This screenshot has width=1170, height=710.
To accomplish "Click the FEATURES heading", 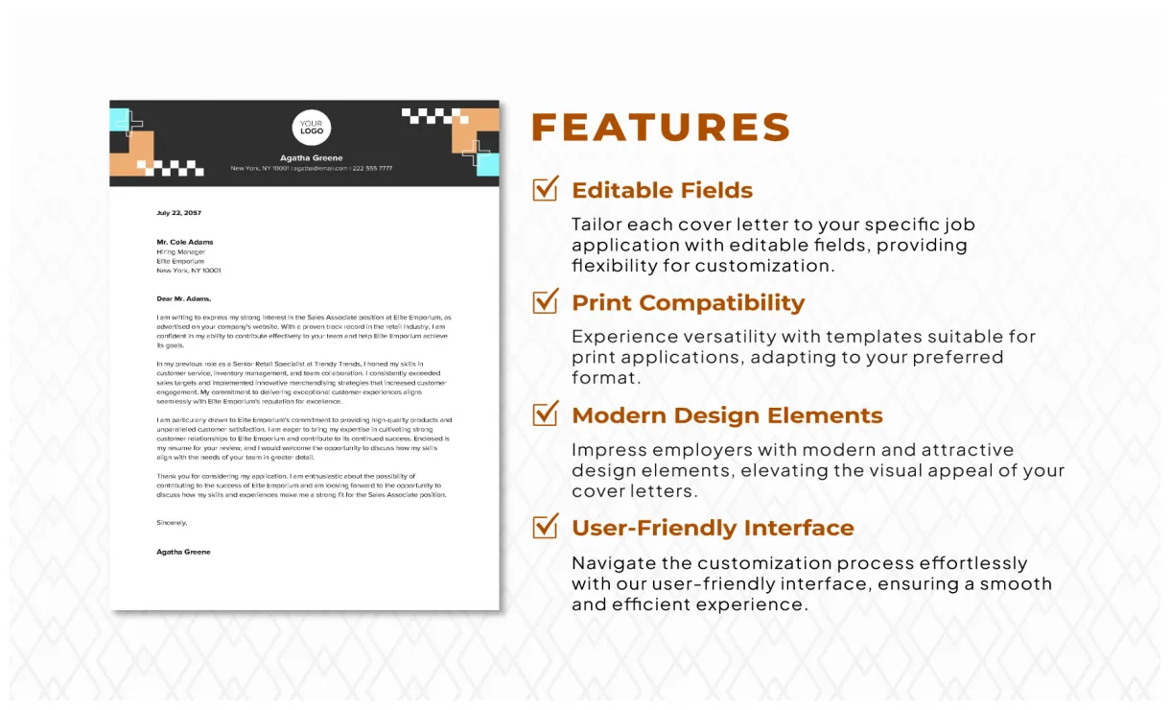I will coord(661,128).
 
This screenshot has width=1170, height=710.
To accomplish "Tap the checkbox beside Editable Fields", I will coord(545,189).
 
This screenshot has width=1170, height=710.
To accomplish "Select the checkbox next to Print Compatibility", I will coord(545,301).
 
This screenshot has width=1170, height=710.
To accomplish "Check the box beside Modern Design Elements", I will coord(545,414).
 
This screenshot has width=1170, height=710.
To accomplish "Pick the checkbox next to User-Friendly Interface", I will coord(545,526).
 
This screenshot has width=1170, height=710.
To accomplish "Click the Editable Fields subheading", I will coord(662,190).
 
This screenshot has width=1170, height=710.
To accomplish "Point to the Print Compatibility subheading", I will coord(688,302).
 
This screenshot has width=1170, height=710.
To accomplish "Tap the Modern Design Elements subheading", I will coord(727,415).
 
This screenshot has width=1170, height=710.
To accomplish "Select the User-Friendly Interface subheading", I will coord(713,528).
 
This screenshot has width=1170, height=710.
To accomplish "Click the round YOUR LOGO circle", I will coord(311,128).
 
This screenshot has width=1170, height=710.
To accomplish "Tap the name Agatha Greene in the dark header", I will coord(311,158).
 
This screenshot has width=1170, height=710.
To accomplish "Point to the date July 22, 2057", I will coord(179,213).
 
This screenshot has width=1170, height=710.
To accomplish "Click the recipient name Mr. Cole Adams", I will coord(185,242).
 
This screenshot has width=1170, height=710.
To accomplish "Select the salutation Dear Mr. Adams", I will coord(183,298).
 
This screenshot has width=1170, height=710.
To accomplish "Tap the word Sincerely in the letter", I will coord(172,523).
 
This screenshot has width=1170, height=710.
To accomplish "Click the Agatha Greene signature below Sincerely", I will coord(183,552).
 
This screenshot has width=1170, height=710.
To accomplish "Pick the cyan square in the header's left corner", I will coord(119,120).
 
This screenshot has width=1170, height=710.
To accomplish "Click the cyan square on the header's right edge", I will coord(488,164).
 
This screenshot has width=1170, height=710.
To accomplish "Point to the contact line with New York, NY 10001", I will coord(311,169).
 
